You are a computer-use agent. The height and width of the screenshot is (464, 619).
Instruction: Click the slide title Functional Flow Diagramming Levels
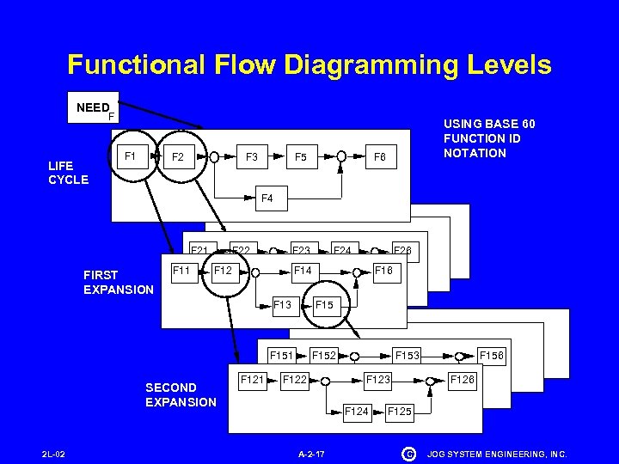click(309, 64)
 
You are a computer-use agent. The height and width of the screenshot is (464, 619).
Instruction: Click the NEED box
click(93, 108)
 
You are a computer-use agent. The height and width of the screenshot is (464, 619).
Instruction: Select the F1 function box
click(131, 156)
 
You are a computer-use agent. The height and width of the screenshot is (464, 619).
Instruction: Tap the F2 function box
click(178, 157)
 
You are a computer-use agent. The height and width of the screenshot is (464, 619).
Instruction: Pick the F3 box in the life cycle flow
click(252, 157)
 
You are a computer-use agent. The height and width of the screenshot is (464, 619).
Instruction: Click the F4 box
click(267, 198)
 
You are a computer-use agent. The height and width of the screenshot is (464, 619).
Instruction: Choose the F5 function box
click(301, 157)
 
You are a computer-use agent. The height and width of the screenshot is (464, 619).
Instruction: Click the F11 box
click(181, 271)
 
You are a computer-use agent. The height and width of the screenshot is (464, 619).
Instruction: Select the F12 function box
click(224, 271)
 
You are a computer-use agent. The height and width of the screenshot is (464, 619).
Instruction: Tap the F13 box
click(282, 304)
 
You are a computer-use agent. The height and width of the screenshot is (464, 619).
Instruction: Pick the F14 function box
click(303, 271)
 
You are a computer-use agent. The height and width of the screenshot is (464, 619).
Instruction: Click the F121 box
click(252, 379)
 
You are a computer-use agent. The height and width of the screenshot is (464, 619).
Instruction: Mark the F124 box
click(356, 411)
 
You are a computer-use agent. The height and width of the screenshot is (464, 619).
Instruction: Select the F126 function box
click(462, 379)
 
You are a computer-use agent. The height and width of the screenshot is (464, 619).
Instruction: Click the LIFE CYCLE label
click(68, 172)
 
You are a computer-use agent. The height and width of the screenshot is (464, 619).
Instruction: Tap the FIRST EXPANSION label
click(118, 282)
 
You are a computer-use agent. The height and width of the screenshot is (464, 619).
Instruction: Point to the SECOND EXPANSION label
click(181, 394)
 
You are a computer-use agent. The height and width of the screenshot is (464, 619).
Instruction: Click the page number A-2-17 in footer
click(310, 453)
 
